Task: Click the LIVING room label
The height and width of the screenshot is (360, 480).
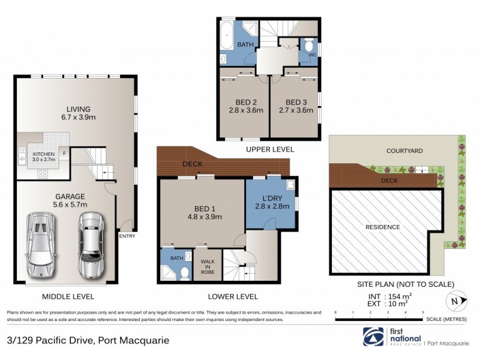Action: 77,113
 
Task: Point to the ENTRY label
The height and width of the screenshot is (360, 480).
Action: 127,236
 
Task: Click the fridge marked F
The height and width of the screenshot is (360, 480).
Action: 64,152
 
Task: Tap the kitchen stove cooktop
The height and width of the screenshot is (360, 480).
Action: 43,174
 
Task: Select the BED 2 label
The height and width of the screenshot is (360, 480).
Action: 242,106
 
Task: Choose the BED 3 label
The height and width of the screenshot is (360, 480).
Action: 296,106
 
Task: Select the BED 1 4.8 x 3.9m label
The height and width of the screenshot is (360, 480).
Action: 202,212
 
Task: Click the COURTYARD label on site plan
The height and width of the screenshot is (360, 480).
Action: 401,152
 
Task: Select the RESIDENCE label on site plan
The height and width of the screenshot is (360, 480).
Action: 383,227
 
